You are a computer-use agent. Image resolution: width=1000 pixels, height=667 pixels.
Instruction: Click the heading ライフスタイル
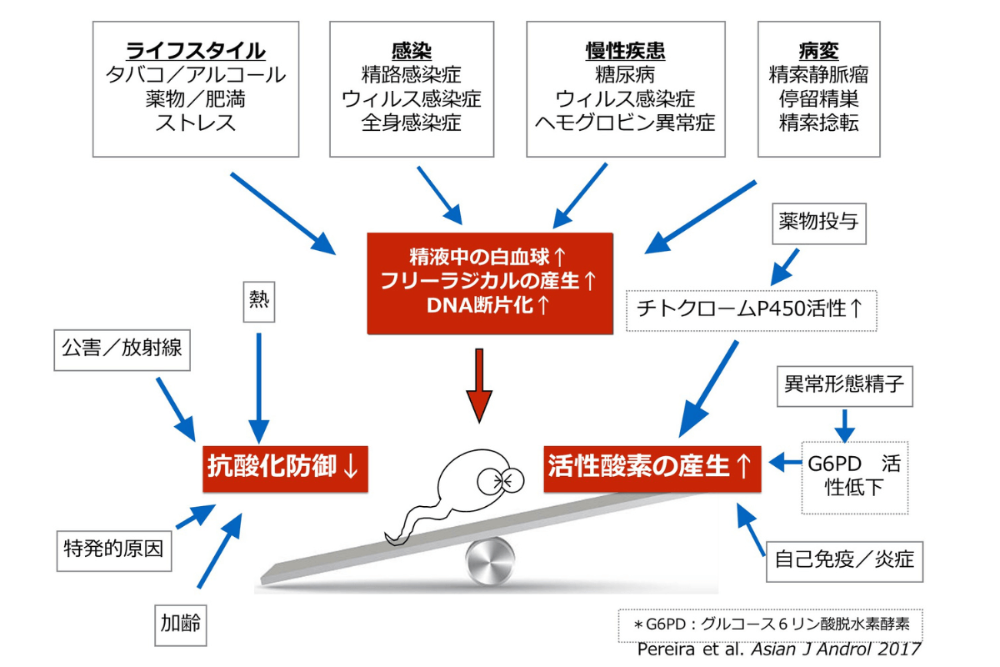(x=196, y=50)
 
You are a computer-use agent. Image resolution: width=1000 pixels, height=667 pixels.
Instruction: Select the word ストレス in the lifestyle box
(x=196, y=123)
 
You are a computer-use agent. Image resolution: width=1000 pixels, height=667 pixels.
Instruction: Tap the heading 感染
(x=411, y=50)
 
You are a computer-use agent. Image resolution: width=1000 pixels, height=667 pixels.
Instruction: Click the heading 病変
(x=818, y=50)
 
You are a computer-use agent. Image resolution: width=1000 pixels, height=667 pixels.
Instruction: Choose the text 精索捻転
(x=818, y=123)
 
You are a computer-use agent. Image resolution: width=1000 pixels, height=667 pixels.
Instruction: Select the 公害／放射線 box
(x=122, y=350)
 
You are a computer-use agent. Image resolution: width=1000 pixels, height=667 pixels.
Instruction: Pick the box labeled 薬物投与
(x=817, y=223)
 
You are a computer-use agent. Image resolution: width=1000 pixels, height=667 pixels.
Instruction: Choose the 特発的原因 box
(x=113, y=549)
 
